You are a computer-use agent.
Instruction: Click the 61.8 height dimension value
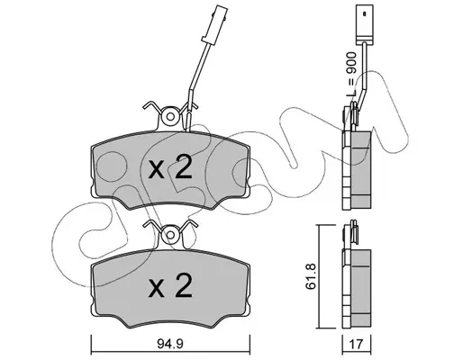pos(311,276)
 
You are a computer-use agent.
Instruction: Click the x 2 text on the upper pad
pos(170,168)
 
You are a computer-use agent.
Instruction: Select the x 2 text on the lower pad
pos(170,286)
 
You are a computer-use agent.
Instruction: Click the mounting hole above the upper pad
pos(170,117)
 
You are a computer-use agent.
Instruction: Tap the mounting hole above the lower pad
pos(170,234)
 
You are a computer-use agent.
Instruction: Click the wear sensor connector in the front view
pos(215,23)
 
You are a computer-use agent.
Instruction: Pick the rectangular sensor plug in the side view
pos(364,24)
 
